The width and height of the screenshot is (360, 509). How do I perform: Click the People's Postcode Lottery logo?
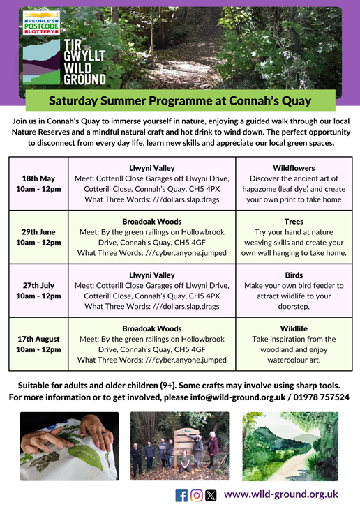41,23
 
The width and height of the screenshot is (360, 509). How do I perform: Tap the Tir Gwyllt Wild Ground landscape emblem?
41,62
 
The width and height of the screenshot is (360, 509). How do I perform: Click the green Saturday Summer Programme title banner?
180,100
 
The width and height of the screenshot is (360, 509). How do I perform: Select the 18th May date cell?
38,184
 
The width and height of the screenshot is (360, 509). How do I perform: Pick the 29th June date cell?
38,237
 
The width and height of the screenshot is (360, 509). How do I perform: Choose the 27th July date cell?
38,291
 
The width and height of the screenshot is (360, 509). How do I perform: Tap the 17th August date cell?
38,344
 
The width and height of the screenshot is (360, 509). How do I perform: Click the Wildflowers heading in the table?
294,168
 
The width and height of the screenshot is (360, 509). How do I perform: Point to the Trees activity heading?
294,222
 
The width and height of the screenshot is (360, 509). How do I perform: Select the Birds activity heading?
294,275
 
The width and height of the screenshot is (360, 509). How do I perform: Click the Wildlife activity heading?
294,328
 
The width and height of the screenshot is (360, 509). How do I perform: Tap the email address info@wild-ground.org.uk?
238,397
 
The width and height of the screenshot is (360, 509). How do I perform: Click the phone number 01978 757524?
322,397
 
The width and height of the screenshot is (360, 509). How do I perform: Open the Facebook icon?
181,496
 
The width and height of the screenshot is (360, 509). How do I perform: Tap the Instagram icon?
197,496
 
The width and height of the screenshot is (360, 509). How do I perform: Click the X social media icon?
211,496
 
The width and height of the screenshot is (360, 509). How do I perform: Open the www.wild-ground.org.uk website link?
281,494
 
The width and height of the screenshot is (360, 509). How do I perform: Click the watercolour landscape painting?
290,446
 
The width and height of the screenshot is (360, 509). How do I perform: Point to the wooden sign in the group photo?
186,442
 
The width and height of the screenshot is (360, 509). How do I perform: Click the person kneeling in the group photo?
186,462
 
